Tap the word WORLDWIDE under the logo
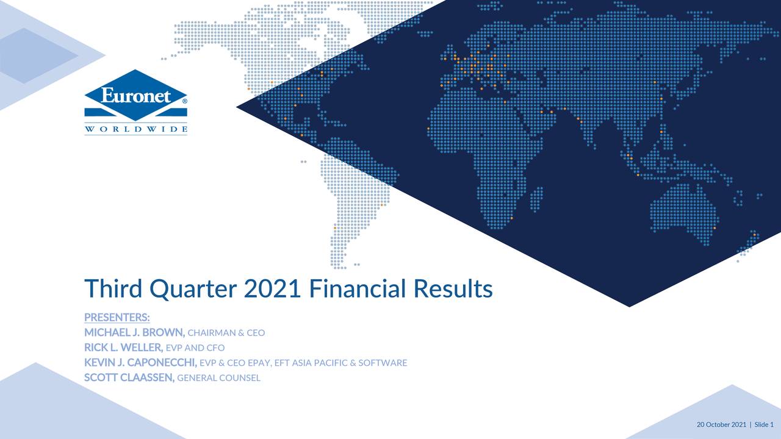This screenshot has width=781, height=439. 135,129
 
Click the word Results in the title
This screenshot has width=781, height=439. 453,288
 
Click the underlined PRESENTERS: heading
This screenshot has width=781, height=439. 117,318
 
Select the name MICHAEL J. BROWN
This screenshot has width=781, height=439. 134,333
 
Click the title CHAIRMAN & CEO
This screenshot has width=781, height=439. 226,334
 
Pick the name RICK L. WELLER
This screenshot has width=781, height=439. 123,348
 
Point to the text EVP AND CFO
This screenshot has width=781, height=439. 195,348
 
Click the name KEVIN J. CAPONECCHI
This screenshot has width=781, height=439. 140,363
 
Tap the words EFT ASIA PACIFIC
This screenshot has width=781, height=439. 311,363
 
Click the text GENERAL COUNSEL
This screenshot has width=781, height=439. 218,378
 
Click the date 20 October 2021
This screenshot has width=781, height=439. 721,424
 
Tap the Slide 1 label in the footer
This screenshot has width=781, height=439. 764,424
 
